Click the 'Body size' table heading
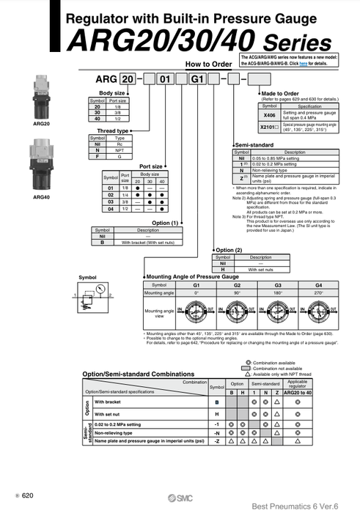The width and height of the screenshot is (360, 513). click(112, 94)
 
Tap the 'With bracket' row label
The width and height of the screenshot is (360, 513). click(108, 402)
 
